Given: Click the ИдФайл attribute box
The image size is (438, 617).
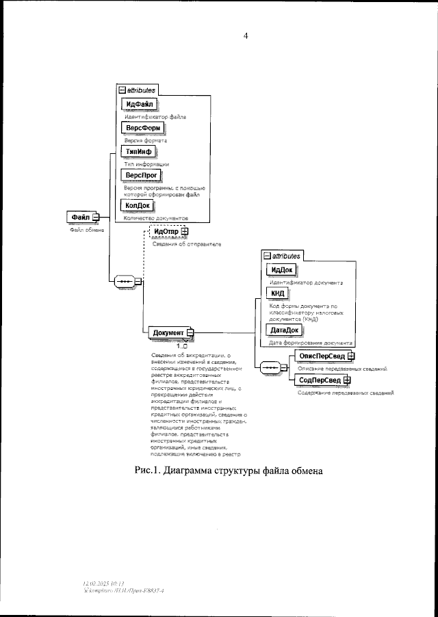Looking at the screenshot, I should point(139,104).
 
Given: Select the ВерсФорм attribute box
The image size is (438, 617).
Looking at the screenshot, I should point(144,127).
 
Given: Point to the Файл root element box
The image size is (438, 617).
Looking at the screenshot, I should point(81,218).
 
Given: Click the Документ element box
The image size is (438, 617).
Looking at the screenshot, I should point(168,333).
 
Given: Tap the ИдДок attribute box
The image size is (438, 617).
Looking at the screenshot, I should point(281,269).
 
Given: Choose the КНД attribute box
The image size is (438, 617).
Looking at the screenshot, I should point(277,294).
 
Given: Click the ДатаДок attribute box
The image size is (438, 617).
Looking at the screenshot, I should point(283,330).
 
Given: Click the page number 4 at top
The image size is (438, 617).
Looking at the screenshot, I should point(246,36).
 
